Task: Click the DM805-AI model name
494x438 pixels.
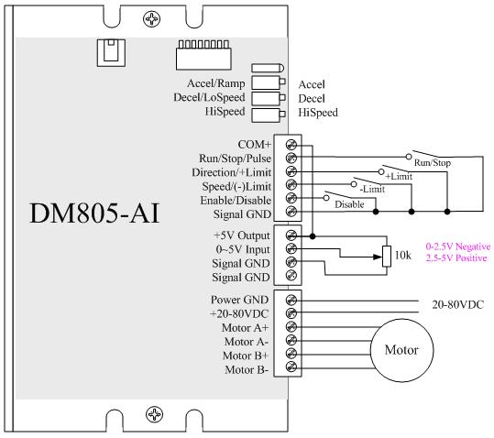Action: [x=94, y=214]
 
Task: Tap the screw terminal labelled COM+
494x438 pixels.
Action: [x=291, y=145]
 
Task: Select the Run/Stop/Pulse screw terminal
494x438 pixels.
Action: [x=291, y=158]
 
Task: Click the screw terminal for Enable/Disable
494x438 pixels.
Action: [x=291, y=198]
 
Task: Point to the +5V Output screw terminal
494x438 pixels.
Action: [x=291, y=235]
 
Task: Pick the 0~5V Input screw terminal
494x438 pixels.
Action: [x=291, y=248]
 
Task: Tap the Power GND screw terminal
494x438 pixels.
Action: [x=291, y=300]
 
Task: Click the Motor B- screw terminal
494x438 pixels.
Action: [x=291, y=367]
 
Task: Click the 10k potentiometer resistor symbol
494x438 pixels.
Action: [x=387, y=257]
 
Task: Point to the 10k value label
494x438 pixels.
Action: [x=403, y=255]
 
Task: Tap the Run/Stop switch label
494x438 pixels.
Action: [x=433, y=163]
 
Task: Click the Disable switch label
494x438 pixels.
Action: [x=349, y=204]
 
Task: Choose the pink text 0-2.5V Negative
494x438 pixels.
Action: [x=458, y=246]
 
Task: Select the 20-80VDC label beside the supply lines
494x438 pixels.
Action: [x=457, y=304]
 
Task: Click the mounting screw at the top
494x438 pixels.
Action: [x=152, y=19]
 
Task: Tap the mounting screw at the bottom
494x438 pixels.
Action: [x=154, y=414]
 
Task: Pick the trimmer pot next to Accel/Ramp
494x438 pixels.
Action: [x=269, y=82]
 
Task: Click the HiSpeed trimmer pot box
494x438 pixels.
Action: [x=269, y=115]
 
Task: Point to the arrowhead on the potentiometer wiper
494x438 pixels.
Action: [x=378, y=257]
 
